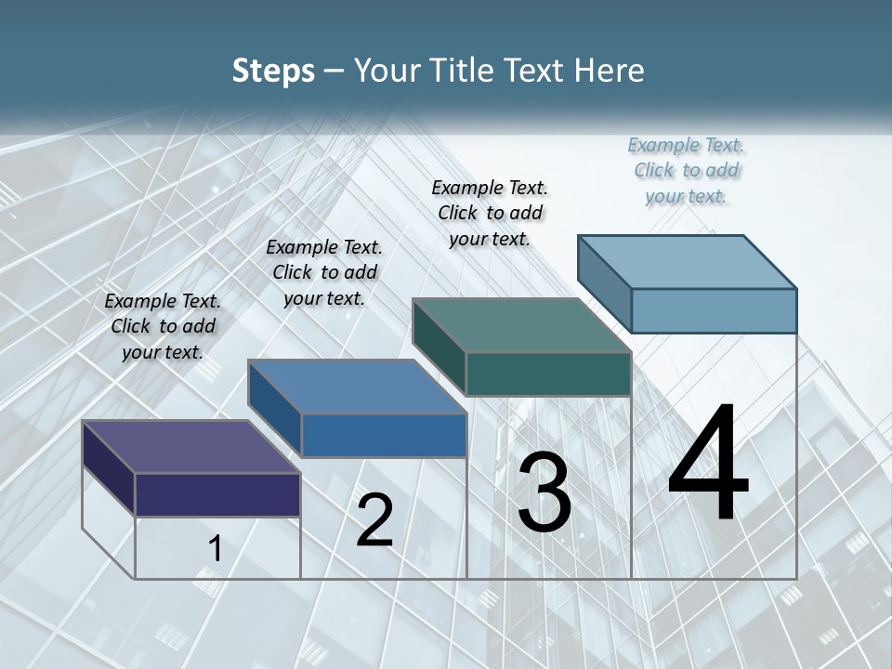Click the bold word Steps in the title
273,71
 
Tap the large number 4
708,464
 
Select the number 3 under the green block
544,492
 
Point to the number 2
374,520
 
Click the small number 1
215,548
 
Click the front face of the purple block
217,494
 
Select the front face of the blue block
384,435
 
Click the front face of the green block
548,374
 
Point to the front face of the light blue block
714,310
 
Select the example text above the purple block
163,326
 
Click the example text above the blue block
324,272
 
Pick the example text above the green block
490,213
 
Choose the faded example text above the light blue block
687,170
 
